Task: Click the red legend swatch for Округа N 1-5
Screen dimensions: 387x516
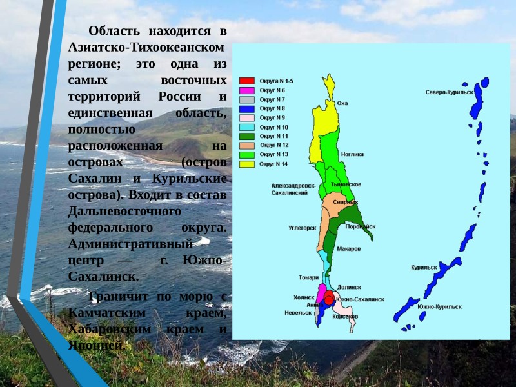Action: tap(247, 81)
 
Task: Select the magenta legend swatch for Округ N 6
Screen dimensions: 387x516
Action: tap(247, 90)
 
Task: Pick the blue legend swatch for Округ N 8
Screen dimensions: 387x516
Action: tap(247, 109)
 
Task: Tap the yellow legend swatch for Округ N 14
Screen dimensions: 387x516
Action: tap(247, 164)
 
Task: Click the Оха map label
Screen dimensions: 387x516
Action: tap(342, 103)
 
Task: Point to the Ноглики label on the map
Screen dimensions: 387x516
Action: tap(353, 154)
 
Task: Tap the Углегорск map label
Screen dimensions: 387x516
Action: tap(302, 228)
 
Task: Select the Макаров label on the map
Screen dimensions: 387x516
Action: tap(349, 249)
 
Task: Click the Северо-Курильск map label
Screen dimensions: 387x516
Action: tap(450, 92)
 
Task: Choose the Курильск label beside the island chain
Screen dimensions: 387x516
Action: tap(424, 267)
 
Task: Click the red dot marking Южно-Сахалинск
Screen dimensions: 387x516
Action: tap(329, 300)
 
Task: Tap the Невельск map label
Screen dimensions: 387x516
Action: tap(298, 313)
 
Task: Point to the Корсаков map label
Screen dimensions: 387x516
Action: tap(345, 317)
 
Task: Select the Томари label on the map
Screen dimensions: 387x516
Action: tap(308, 277)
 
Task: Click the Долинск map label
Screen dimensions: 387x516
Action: tap(349, 287)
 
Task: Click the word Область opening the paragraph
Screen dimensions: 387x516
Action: tap(113, 30)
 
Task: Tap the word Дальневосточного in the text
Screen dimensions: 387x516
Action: tap(124, 211)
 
